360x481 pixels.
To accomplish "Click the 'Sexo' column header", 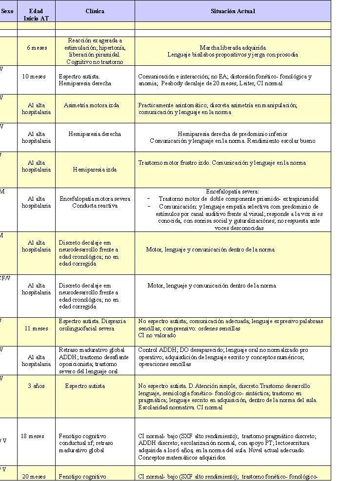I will coord(7,11).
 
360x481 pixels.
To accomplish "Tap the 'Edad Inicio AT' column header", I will coord(36,14).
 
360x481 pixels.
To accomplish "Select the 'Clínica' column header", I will coord(95,11).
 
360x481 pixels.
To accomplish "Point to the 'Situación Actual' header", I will coord(233,11).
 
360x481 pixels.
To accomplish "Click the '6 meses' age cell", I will coord(36,48).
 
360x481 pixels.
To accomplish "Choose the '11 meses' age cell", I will coord(36,328).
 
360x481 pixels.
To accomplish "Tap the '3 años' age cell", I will coord(36,386).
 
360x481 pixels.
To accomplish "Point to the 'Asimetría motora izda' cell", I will coord(91,105).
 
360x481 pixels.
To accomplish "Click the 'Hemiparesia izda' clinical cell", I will coord(95,170).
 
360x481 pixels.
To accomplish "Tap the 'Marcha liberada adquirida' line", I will coord(233,48).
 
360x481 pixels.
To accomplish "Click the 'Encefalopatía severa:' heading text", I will coord(233,192).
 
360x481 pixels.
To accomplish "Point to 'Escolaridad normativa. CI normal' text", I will coord(180,407).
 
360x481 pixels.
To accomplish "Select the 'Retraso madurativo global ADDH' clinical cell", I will coord(92,353).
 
